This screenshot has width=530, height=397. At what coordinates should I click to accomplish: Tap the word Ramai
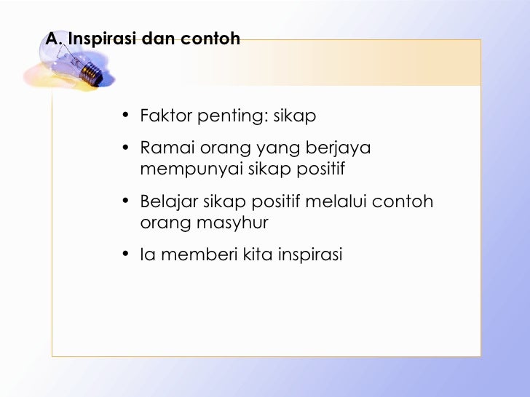[162, 149]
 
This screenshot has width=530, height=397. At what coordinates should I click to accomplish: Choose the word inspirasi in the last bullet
[309, 254]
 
